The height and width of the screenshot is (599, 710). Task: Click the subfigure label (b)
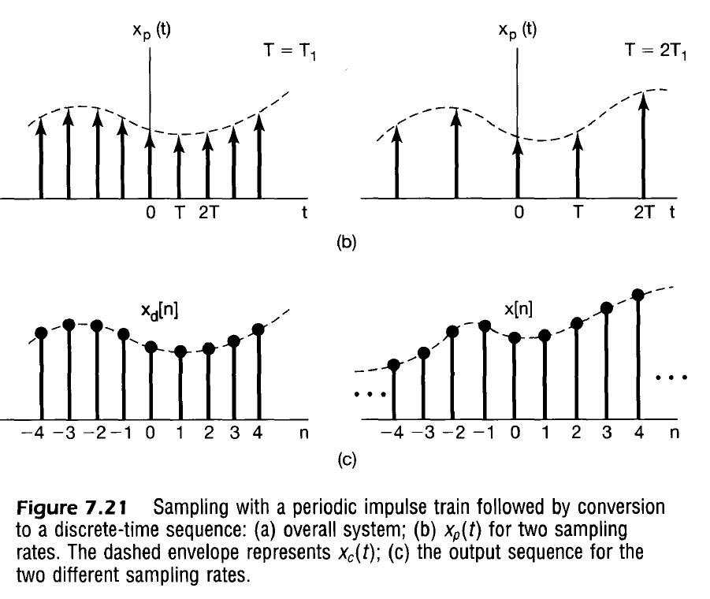(347, 243)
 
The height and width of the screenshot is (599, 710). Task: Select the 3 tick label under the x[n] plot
(607, 433)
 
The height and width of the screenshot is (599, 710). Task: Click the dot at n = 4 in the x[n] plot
(638, 296)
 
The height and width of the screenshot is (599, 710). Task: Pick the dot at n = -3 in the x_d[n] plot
(69, 325)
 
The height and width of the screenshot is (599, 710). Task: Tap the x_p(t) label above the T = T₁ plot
(149, 32)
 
